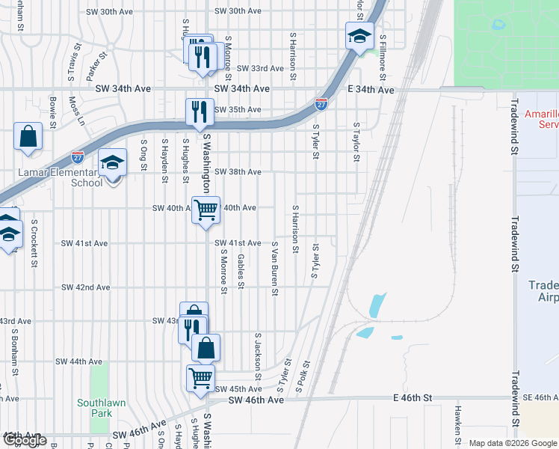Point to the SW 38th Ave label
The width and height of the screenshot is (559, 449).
(x=238, y=172)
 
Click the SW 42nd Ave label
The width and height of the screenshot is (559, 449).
(x=85, y=287)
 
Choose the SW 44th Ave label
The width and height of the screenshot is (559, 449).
(x=78, y=361)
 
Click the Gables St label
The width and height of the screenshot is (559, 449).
(x=241, y=270)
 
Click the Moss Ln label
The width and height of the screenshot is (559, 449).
(x=75, y=109)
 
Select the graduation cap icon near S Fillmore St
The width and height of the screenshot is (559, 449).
(x=359, y=36)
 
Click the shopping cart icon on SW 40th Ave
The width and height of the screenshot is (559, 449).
(x=206, y=209)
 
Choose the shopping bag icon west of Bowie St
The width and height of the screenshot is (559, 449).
(x=28, y=137)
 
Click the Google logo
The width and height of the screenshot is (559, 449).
(x=25, y=440)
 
